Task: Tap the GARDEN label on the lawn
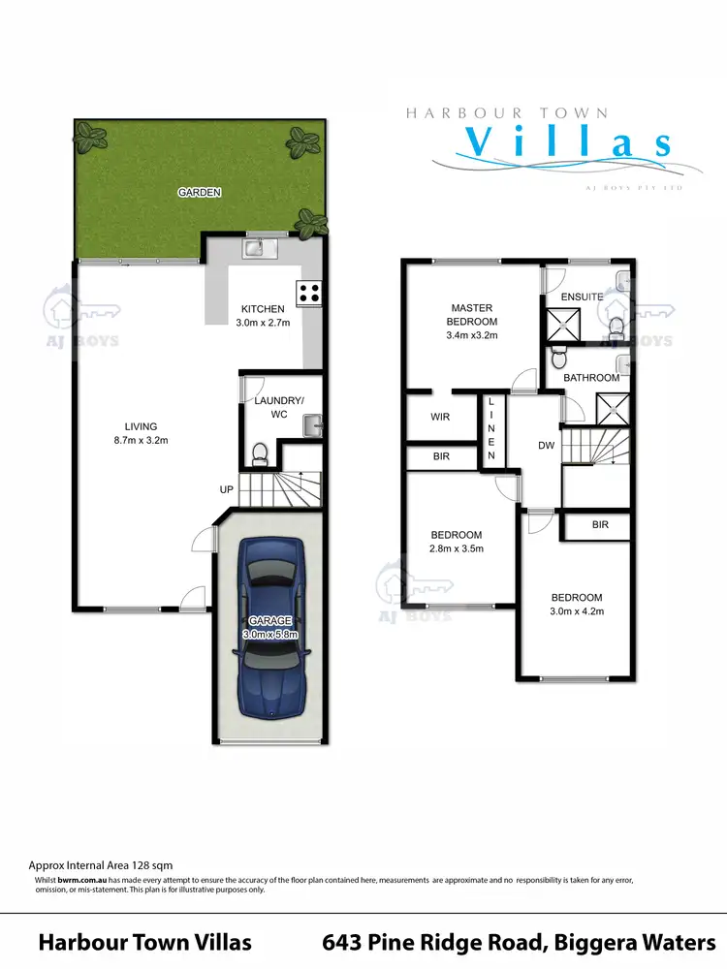point(200,193)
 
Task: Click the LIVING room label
point(141,426)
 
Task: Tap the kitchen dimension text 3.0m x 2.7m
point(264,323)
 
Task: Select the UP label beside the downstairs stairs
point(226,489)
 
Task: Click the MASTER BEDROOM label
point(471,315)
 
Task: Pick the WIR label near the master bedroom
point(439,419)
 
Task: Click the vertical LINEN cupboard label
point(491,428)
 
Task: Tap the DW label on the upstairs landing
point(546,447)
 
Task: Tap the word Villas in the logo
point(565,142)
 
